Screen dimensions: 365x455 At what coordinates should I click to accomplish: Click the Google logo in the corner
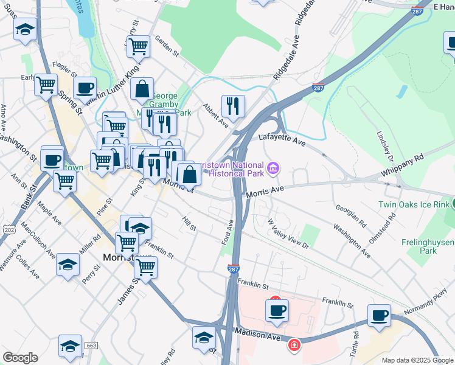point(20,358)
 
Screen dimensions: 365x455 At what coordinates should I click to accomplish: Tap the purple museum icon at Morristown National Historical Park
point(273,167)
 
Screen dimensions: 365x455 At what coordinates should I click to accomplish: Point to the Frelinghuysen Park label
point(428,246)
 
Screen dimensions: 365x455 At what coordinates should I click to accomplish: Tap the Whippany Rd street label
point(402,165)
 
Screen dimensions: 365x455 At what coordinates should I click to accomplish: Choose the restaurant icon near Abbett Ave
point(233,106)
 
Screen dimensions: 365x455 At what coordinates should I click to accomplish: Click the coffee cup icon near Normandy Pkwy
point(380,315)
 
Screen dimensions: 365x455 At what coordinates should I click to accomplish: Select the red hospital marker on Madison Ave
point(294,345)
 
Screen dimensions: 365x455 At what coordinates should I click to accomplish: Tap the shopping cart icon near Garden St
point(138,46)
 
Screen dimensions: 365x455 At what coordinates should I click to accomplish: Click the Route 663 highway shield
point(92,345)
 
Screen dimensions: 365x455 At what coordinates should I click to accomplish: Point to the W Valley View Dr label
point(288,235)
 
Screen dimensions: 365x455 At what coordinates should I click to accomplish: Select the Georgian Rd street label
point(350,215)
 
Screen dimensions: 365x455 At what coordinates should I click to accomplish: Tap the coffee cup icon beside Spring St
point(85,88)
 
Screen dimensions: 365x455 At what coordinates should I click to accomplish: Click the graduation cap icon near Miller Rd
point(68,264)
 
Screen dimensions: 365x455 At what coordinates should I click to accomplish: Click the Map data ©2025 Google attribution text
point(417,360)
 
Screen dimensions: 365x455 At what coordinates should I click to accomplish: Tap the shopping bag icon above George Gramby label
point(142,89)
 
